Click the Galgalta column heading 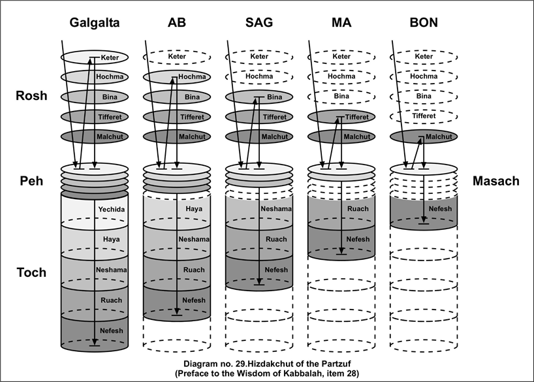point(95,23)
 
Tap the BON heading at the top point(424,23)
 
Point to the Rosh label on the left point(32,96)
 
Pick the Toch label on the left point(32,272)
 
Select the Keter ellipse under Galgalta point(95,57)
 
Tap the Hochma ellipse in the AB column point(176,76)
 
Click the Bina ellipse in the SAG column point(259,97)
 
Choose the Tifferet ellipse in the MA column point(341,117)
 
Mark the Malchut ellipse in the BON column point(423,137)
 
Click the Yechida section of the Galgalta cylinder point(111,210)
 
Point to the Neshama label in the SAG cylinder point(277,209)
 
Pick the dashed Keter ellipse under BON point(423,57)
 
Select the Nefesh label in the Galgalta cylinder point(111,330)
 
